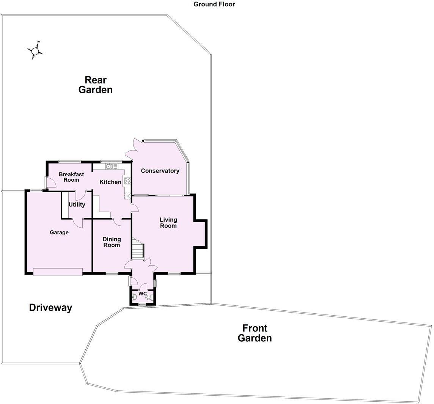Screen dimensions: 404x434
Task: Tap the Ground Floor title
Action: coord(214,4)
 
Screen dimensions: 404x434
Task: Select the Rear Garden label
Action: coord(95,85)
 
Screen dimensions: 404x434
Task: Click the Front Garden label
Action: coord(255,333)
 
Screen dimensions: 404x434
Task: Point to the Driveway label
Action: coord(50,308)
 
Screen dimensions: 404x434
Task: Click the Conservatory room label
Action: coord(160,171)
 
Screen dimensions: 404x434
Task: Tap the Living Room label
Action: coord(168,223)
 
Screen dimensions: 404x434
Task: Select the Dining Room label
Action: coord(112,242)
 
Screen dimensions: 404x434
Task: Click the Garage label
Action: coord(59,232)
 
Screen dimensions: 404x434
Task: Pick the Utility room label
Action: coord(77,204)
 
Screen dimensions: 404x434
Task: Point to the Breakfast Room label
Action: coord(71,177)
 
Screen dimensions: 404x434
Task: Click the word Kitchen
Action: coord(110,182)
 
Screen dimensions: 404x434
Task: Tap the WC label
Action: coord(142,294)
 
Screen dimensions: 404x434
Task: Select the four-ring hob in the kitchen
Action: coord(127,181)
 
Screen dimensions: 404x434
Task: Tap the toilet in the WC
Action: coord(148,298)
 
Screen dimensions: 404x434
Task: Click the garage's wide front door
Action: coord(58,272)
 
